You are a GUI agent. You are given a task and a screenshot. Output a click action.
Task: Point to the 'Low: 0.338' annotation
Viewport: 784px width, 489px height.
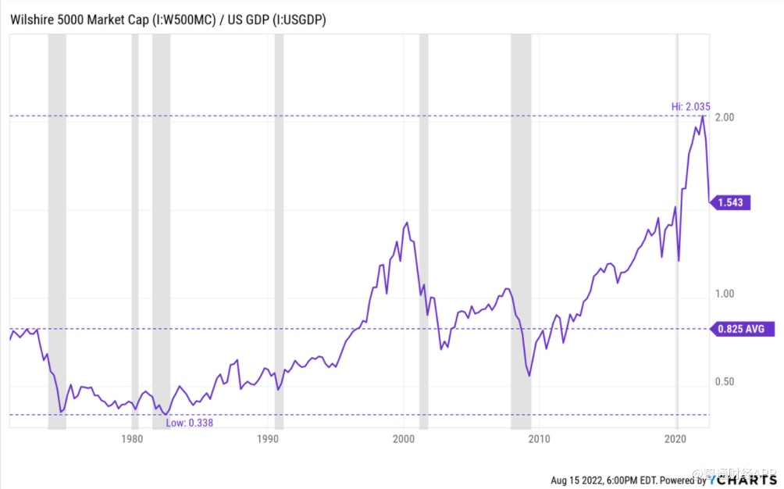pos(190,423)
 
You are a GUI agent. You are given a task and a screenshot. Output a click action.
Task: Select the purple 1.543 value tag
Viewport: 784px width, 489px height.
pos(732,203)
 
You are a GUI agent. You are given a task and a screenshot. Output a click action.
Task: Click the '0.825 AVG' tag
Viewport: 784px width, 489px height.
pos(743,329)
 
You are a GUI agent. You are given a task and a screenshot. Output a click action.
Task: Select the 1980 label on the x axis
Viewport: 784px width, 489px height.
pos(132,438)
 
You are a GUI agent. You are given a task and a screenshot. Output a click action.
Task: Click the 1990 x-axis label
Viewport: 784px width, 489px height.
pos(268,438)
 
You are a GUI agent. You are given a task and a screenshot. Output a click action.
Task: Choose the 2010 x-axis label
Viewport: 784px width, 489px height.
pos(539,438)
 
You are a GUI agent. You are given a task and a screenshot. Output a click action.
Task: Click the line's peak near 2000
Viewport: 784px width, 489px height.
pos(407,223)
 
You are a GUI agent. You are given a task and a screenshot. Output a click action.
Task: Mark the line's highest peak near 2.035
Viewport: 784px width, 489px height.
pos(703,116)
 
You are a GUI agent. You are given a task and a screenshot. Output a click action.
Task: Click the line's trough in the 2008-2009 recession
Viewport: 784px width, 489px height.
pos(529,376)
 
